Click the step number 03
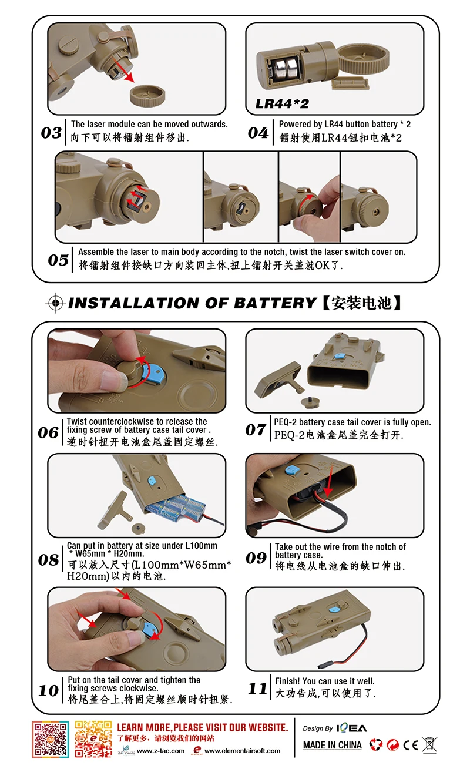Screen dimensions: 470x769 [x=51, y=133]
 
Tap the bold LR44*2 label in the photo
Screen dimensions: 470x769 [x=282, y=103]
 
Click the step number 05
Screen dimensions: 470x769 [x=58, y=260]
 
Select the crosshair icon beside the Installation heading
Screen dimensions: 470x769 [x=56, y=303]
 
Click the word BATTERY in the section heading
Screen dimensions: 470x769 [x=275, y=303]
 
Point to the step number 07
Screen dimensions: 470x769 [x=256, y=429]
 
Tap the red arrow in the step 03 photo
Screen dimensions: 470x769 [x=123, y=70]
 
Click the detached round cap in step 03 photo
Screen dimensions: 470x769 [x=147, y=96]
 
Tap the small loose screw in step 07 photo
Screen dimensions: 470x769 [x=311, y=402]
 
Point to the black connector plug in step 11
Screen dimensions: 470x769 [x=323, y=665]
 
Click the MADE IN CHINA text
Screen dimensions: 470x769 [x=333, y=745]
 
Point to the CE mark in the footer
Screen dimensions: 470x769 [x=411, y=745]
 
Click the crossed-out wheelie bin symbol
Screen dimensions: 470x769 [x=429, y=745]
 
